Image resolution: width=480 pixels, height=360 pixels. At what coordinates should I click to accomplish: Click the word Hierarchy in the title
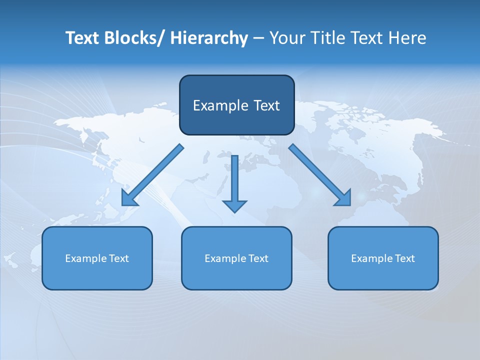pyautogui.click(x=209, y=38)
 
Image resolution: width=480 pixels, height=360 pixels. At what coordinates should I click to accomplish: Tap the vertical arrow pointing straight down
pyautogui.click(x=234, y=180)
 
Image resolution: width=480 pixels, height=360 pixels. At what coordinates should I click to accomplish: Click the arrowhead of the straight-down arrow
pyautogui.click(x=234, y=206)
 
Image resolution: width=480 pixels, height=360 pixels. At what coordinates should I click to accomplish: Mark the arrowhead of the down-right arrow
pyautogui.click(x=344, y=198)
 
